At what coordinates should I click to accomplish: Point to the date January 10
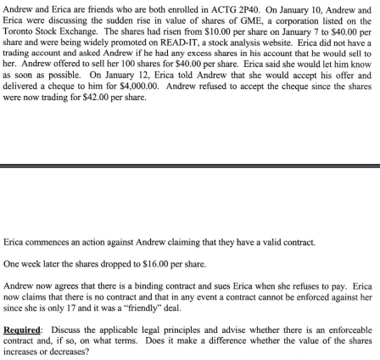299,8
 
